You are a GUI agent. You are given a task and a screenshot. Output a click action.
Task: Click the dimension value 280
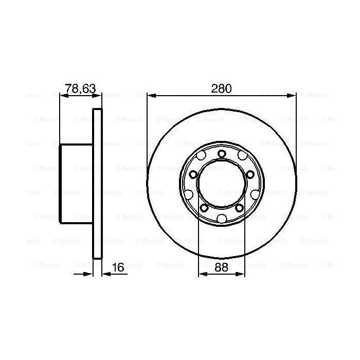(222, 89)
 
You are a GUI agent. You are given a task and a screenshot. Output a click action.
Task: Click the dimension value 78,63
(80, 89)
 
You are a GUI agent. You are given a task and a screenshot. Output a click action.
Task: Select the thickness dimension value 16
(118, 267)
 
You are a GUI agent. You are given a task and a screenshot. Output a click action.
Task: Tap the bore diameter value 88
(221, 267)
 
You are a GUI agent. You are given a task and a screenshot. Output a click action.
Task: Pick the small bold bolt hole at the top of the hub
(221, 154)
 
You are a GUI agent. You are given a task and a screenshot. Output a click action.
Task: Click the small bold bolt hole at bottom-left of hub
(204, 207)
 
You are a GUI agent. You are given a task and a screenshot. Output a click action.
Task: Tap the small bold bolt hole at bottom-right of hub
(239, 207)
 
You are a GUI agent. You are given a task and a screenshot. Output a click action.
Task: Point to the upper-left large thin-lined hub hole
(201, 156)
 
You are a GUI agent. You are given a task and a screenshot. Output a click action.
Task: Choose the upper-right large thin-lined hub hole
(242, 156)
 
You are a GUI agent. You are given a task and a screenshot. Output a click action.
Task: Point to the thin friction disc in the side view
(97, 183)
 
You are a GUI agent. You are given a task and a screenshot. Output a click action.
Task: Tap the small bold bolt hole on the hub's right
(250, 175)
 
